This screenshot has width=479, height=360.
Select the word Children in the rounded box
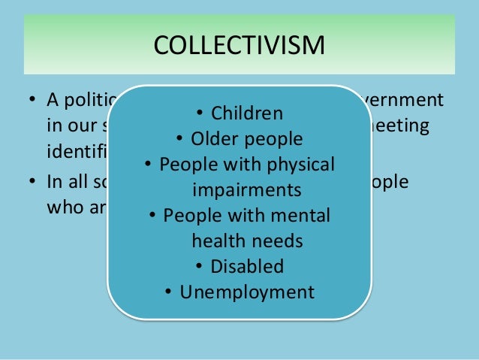(x=246, y=113)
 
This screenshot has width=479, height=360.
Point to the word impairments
(x=246, y=189)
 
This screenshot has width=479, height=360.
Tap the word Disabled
(x=247, y=266)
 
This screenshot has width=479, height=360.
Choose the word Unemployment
(x=247, y=292)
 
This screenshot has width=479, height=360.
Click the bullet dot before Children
(x=200, y=114)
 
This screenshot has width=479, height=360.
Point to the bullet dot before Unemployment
(x=169, y=292)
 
